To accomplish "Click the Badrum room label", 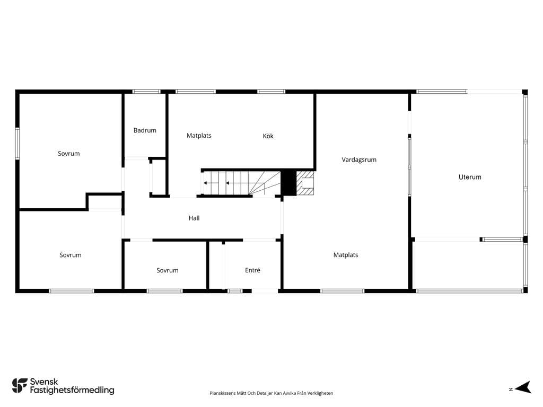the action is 145,130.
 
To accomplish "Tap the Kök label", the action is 268,136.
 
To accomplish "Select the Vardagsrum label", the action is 359,160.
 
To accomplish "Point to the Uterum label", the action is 470,177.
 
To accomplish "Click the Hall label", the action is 194,218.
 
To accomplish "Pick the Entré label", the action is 252,270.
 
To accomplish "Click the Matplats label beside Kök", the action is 199,136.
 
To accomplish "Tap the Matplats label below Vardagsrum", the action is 346,255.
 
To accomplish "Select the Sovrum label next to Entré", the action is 167,270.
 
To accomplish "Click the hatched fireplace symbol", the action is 305,183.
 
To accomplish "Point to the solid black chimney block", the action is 288,183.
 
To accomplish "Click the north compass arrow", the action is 523,387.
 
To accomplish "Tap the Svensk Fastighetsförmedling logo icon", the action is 20,386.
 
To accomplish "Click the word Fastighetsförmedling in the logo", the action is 72,390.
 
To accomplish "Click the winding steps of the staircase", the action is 265,183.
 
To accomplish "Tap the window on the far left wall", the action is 17,144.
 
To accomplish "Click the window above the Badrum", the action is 146,92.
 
